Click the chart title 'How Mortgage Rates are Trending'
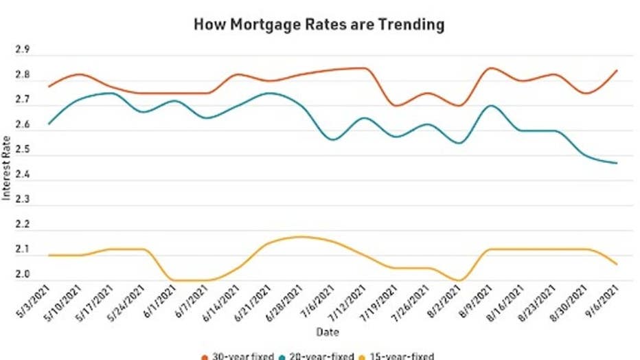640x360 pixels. coord(319,25)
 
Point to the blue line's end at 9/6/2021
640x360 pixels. coord(617,163)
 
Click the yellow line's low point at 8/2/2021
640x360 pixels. coord(459,280)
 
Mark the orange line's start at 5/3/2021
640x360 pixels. coord(48,87)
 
